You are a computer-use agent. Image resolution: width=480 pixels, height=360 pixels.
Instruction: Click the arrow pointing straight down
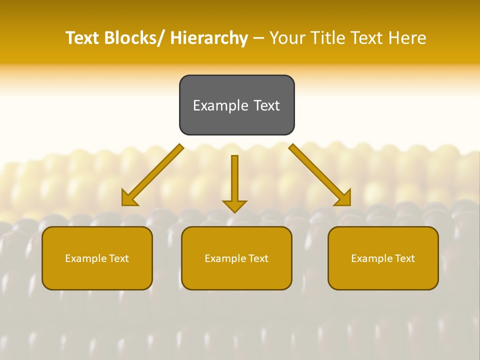[x=234, y=180]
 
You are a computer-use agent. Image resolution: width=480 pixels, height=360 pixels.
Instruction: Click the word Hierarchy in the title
[x=209, y=38]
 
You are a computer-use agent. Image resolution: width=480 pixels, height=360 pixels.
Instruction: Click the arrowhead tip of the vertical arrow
[x=234, y=212]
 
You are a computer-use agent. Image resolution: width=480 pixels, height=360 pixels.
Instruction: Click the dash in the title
[x=258, y=38]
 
